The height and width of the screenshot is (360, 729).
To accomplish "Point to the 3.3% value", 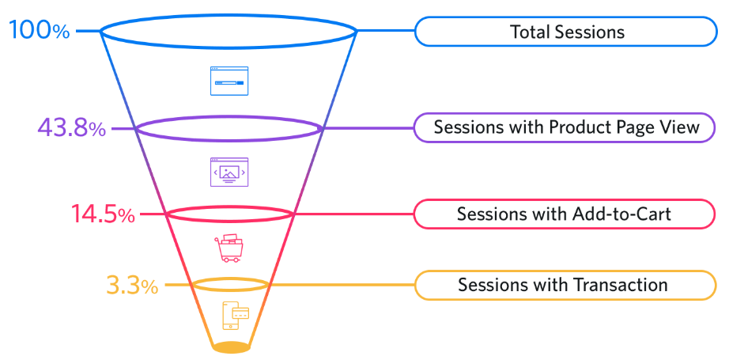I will click(132, 285).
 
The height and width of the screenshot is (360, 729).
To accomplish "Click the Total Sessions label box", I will click(566, 32).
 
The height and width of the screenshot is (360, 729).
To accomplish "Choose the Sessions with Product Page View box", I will click(566, 127).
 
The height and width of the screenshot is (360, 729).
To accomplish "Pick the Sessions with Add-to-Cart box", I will click(566, 214).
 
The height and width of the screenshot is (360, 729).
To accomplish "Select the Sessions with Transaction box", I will click(566, 285).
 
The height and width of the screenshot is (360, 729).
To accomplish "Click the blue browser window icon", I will click(229, 81).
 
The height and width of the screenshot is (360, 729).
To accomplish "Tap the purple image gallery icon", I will click(229, 172).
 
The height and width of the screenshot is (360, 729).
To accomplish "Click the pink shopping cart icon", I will click(230, 248).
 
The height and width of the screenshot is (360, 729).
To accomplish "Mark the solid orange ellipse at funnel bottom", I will click(231, 347).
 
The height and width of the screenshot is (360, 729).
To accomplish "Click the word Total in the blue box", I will click(529, 32).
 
